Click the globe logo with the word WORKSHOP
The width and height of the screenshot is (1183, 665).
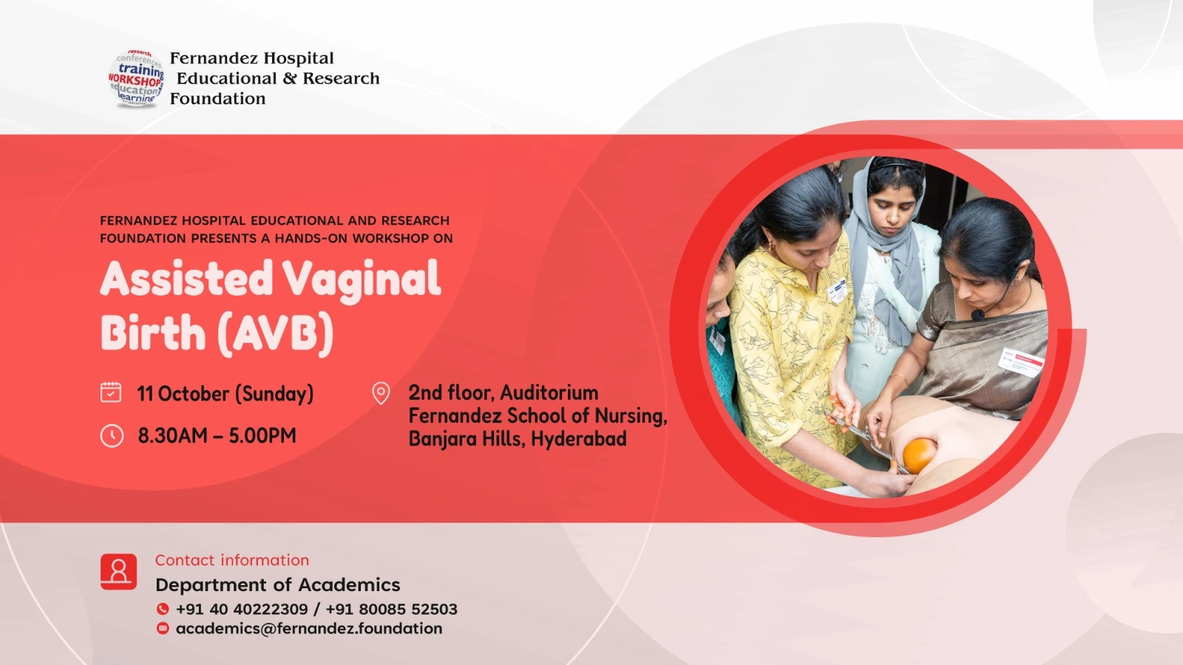click(x=136, y=78)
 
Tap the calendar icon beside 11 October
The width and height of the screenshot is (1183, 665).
click(x=111, y=392)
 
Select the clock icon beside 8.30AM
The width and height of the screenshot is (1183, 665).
click(x=112, y=436)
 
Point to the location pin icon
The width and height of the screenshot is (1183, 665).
click(x=381, y=393)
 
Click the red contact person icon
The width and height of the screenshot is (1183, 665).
click(x=118, y=572)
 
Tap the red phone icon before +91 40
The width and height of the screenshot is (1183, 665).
click(x=163, y=609)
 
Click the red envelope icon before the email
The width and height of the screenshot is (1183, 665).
click(x=163, y=628)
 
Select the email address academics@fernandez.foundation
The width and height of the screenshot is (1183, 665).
click(x=309, y=629)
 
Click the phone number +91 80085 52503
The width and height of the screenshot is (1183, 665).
click(x=391, y=609)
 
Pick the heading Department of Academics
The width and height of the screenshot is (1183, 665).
click(x=278, y=584)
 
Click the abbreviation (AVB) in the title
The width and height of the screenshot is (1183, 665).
click(x=276, y=333)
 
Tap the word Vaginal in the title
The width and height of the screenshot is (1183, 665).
click(x=362, y=281)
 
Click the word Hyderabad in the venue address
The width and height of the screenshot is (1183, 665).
click(x=579, y=439)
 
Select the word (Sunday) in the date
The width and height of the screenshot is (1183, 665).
click(x=274, y=395)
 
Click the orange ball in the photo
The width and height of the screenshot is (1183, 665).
click(x=920, y=455)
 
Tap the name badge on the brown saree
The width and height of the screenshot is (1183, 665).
click(x=1021, y=362)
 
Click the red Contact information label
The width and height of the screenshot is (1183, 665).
click(x=232, y=560)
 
